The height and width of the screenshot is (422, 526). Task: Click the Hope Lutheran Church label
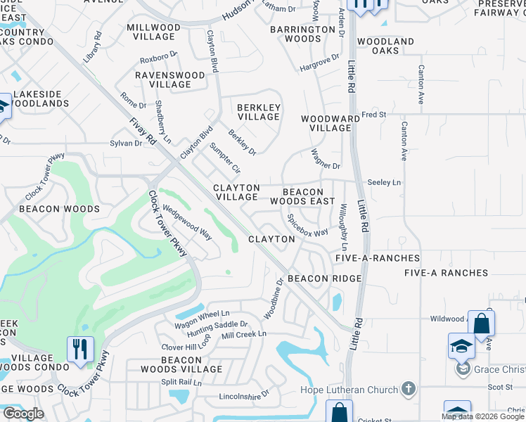(x=348, y=390)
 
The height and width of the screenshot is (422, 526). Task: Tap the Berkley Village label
(x=259, y=112)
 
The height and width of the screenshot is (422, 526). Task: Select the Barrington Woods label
(x=304, y=34)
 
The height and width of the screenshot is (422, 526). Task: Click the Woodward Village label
(x=326, y=123)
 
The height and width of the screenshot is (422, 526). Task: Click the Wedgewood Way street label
(x=187, y=222)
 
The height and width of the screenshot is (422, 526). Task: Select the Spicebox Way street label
(x=307, y=226)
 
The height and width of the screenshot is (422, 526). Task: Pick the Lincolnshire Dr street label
(x=245, y=397)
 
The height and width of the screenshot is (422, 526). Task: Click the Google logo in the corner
(x=23, y=414)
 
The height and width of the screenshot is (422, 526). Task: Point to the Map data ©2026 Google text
(x=482, y=416)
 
